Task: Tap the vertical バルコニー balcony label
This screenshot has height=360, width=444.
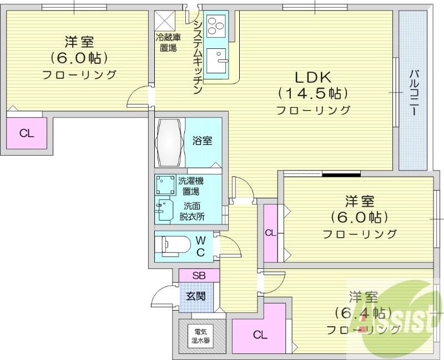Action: [413, 92]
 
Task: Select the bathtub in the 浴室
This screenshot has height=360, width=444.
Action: [169, 142]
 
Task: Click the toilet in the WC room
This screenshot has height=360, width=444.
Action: [172, 246]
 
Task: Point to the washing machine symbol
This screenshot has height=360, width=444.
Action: [164, 184]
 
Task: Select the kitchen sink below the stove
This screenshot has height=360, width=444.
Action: [218, 60]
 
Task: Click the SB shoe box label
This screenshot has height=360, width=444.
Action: [199, 276]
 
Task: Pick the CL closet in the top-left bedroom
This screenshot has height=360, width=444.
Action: [26, 133]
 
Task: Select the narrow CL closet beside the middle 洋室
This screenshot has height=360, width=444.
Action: [270, 233]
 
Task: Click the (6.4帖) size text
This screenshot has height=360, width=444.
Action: [360, 313]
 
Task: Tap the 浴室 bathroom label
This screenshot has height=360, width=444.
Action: [202, 141]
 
